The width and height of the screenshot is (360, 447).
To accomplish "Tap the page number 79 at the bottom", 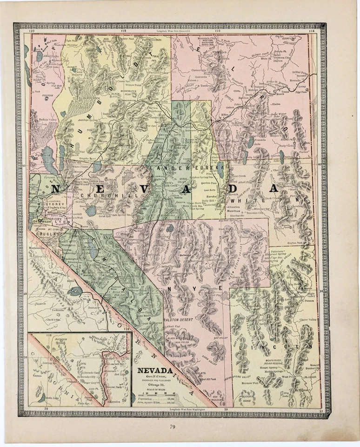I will (173, 427).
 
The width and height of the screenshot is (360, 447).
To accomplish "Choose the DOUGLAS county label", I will (46, 234).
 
